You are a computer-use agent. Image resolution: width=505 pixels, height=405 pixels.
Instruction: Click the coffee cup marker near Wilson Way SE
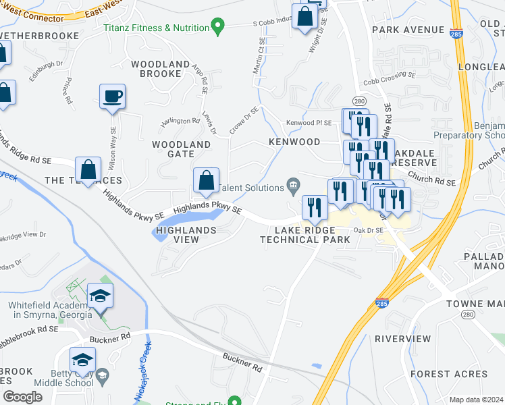111,96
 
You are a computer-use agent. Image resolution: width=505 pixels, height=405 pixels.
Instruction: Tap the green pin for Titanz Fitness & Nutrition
217,28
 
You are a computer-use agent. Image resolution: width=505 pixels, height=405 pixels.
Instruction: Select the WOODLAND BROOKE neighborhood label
161,69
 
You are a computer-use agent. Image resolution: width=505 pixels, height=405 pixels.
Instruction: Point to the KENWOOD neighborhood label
294,142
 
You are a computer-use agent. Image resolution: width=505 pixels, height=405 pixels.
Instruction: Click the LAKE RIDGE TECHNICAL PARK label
304,235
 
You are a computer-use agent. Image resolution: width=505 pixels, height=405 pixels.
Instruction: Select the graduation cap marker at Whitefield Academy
100,296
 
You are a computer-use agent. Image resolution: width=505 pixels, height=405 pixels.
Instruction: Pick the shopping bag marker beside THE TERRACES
88,168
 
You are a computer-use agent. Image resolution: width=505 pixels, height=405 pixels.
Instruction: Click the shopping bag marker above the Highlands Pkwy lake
206,180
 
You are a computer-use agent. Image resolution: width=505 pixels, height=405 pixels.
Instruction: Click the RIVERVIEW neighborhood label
402,338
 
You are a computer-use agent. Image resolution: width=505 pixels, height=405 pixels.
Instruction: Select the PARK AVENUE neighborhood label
408,30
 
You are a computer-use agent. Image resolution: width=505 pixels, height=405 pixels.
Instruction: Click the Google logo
22,397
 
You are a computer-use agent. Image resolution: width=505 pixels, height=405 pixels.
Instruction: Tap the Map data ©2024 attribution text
476,400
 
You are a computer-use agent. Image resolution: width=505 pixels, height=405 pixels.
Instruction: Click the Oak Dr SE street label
369,230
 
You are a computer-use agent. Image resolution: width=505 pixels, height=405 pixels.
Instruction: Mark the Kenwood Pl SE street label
309,123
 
